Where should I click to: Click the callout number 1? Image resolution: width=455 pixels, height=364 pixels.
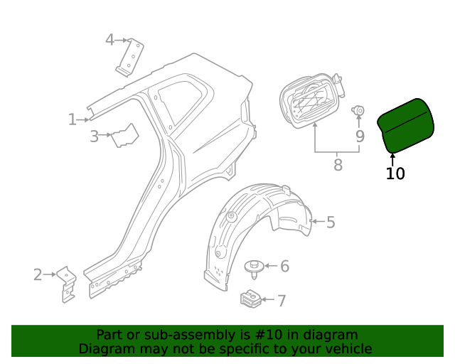click(72, 119)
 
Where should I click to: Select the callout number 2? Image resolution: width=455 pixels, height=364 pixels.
click(38, 274)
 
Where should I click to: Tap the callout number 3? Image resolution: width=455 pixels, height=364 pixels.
click(94, 136)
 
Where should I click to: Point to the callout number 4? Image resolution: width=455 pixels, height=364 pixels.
click(109, 40)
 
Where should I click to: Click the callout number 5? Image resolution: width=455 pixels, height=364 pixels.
click(331, 223)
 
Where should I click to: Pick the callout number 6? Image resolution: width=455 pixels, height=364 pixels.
click(284, 266)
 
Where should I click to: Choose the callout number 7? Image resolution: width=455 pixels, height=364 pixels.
click(282, 301)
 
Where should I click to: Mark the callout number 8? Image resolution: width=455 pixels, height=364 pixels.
click(338, 165)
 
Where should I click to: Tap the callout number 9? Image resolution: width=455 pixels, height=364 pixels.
click(360, 135)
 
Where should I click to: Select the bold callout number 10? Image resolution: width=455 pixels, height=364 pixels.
click(395, 173)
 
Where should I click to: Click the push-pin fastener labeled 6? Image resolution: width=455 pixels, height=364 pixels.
click(252, 268)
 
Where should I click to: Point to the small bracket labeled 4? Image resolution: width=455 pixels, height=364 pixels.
click(131, 57)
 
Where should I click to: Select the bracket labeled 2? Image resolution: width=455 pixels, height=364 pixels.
click(67, 284)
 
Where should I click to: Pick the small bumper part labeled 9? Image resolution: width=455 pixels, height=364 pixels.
click(359, 110)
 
